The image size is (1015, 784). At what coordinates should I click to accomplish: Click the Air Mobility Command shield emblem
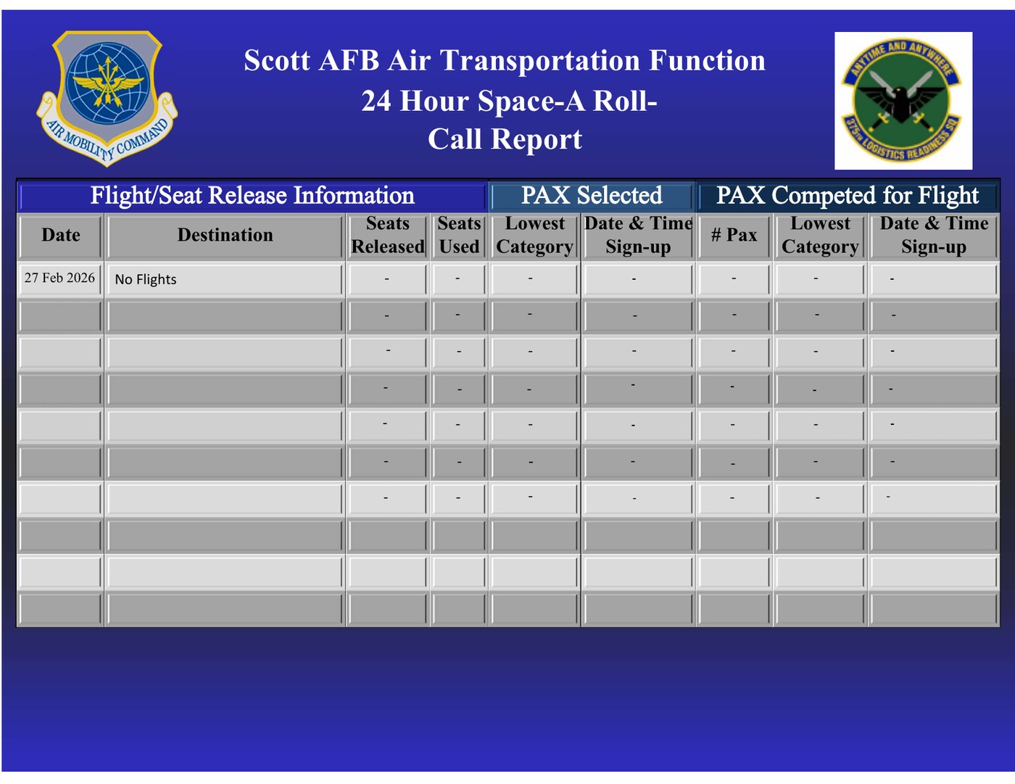pos(107,98)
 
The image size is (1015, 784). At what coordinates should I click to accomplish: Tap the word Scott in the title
pos(277,60)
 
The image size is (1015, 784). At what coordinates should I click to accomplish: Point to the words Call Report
pos(505,139)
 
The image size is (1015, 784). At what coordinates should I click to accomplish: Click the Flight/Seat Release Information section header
pos(252,195)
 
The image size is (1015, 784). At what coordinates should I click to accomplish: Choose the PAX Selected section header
pos(592,195)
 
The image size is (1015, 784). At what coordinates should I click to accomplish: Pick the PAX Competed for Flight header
pos(848,195)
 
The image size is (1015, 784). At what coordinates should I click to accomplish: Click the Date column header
pos(61,235)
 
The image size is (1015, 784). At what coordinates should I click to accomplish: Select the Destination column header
pos(225,235)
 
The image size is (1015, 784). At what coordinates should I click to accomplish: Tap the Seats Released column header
pos(388,235)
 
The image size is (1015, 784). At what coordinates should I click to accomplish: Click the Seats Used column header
pos(459,235)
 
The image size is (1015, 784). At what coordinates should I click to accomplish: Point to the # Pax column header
pos(734,235)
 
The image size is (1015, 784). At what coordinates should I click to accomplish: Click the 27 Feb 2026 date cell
pos(59,278)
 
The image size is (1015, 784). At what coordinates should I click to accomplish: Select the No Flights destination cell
pos(146,279)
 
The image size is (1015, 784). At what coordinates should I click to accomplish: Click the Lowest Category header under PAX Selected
pos(535,235)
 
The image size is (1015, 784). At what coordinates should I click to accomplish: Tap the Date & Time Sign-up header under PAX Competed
pos(934,235)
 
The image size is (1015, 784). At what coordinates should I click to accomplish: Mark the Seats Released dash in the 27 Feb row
pos(386,279)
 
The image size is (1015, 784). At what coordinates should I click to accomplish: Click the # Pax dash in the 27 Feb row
pos(734,278)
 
